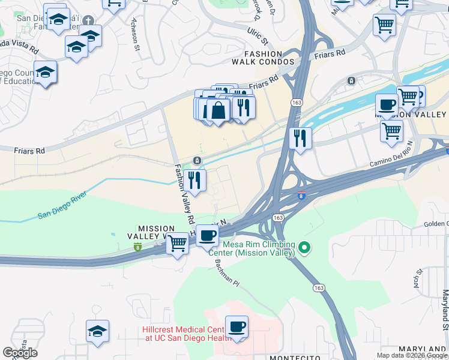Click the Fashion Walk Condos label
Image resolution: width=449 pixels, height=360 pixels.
pos(269,58)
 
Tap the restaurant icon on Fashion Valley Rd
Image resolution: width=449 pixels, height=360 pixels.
pos(194,179)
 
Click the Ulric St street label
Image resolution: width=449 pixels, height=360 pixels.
pos(258,36)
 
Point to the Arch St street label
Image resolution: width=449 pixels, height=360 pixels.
pos(419,278)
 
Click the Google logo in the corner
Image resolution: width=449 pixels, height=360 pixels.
pos(20,353)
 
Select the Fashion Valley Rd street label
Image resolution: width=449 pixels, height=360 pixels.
pos(184,192)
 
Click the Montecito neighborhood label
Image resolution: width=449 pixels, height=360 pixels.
pos(294,358)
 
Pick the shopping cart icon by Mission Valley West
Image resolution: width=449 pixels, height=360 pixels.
pos(177,244)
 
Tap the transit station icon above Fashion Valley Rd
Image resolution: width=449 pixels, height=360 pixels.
pos(196,161)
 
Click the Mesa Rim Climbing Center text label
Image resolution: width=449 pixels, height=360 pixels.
pos(259,248)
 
